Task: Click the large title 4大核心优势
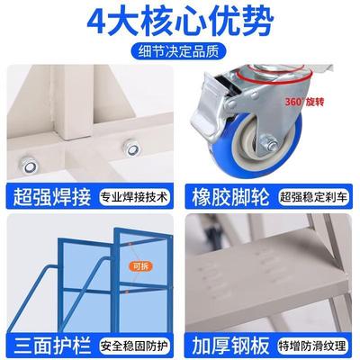pos(180,21)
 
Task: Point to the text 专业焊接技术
pos(133,196)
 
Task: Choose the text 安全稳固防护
pos(133,343)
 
